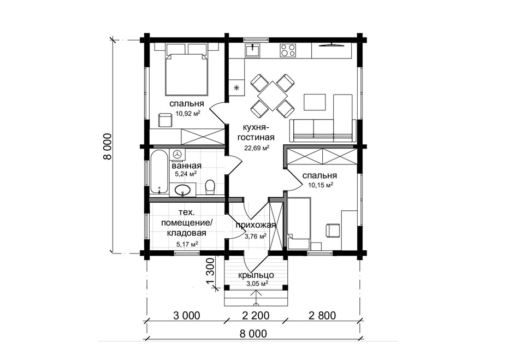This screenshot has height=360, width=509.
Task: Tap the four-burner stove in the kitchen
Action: tap(288, 50)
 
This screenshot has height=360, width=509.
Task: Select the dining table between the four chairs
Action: tap(273, 96)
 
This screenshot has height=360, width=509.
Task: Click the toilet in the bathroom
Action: tap(210, 187)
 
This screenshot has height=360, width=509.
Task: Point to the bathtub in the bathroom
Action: tap(159, 173)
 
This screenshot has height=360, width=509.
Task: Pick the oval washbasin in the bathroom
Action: tap(182, 190)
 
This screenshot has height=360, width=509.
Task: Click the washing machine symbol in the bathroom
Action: tap(177, 155)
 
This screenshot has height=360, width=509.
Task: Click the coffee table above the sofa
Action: tap(314, 103)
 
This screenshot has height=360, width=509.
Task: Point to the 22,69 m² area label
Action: tap(257, 148)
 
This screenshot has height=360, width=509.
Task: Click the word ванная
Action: tap(187, 166)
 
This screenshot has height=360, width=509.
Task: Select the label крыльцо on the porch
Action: tap(256, 275)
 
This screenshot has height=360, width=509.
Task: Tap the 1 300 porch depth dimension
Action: tap(210, 271)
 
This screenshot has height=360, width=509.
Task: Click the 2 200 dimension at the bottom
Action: tap(256, 315)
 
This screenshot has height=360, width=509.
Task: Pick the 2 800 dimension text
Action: tap(322, 315)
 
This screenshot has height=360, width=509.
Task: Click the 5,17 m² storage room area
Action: tap(187, 244)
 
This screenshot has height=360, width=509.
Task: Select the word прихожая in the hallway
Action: tap(256, 225)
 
